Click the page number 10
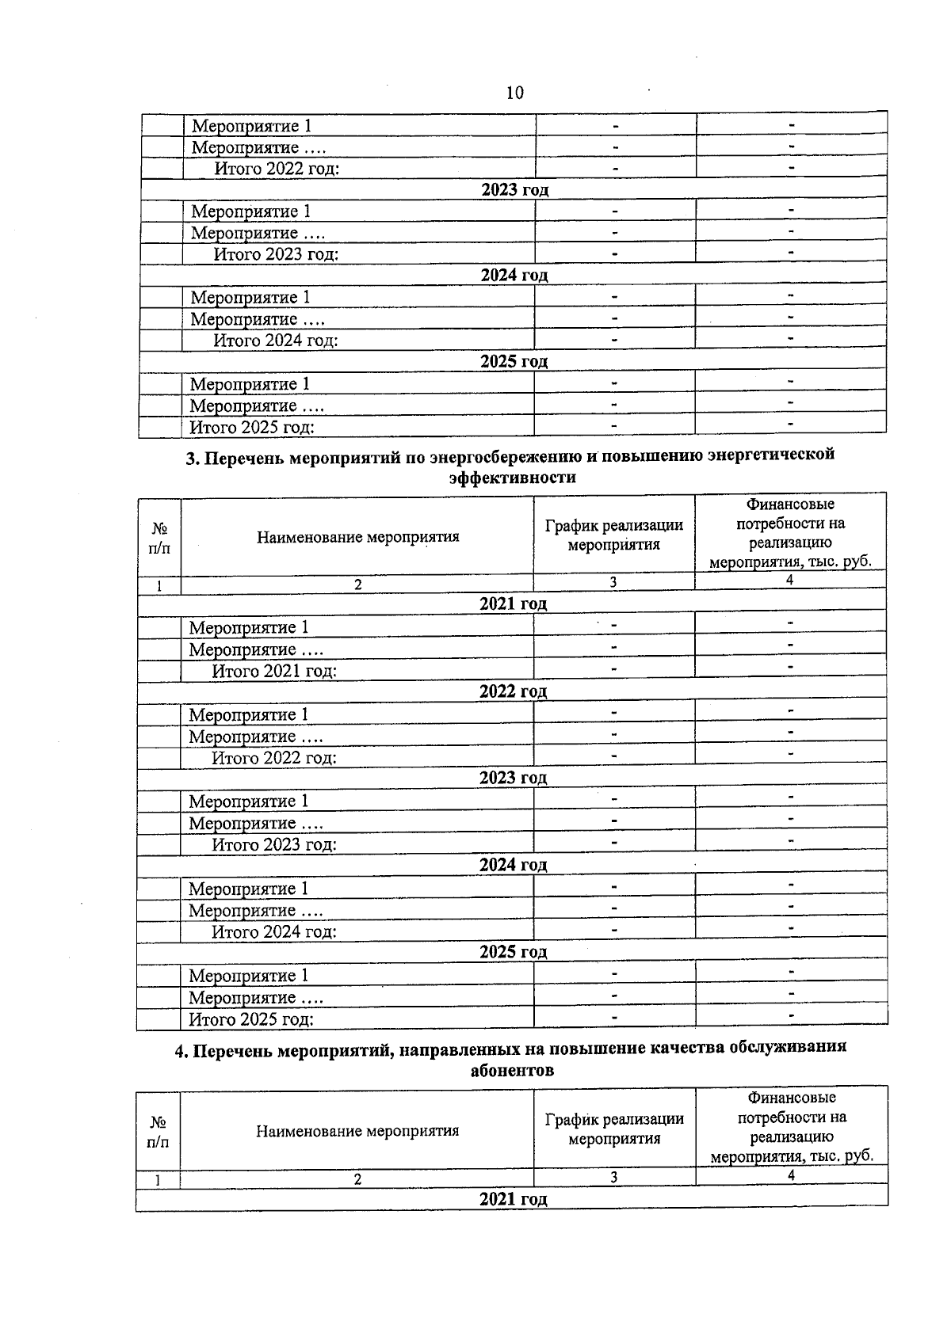[514, 93]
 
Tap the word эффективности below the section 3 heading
[512, 478]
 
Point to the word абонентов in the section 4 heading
[512, 1071]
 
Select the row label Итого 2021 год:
[274, 672]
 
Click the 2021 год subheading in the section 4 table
[513, 1199]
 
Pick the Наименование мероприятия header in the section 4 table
[357, 1131]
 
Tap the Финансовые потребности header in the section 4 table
[792, 1127]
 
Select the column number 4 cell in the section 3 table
[789, 581]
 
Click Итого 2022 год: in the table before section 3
[277, 169]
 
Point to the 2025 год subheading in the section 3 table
[513, 952]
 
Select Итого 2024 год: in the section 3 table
[274, 932]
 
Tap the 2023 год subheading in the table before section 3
[514, 190]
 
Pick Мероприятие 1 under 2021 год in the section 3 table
[248, 628]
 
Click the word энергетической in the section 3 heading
[771, 455]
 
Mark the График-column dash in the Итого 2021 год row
[613, 669]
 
